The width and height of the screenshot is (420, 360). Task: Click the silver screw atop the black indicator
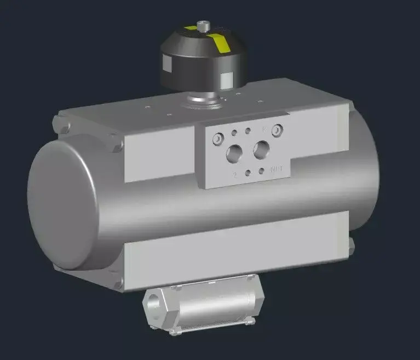pos(204,25)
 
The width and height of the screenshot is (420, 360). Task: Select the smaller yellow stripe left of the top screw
pos(190,27)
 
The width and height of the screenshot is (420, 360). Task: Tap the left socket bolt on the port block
pos(219,140)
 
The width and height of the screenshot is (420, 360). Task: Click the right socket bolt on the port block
pos(278,130)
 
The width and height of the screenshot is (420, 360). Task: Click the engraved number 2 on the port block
pos(234,175)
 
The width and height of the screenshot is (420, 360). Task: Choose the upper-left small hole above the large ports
pos(235,133)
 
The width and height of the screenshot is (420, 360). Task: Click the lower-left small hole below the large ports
pos(249,173)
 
